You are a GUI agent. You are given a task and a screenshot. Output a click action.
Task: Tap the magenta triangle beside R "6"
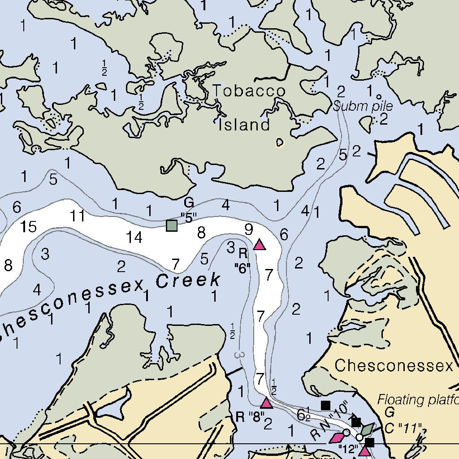coord(260,245)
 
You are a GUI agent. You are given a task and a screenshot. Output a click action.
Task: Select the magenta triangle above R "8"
coord(267,403)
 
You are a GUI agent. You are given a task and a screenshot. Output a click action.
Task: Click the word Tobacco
coord(249,91)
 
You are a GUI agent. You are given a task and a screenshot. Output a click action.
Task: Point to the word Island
coord(244,125)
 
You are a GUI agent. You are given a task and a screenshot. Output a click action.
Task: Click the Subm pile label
coord(363,107)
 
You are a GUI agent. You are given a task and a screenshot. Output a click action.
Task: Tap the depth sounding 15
coord(29,227)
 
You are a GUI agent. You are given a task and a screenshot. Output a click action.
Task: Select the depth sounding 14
coord(134,237)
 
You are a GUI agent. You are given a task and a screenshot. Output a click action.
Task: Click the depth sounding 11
coord(77,217)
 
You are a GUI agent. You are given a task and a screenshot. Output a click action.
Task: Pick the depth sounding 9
coord(249,230)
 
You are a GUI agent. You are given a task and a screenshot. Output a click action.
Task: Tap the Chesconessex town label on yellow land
coord(394,366)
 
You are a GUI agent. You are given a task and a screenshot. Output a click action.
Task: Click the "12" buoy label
coord(348,449)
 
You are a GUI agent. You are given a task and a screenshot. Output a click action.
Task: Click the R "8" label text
coord(250,417)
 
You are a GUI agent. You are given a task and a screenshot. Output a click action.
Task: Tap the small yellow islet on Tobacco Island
coord(280,143)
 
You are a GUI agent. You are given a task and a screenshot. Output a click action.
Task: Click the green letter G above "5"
coord(189,203)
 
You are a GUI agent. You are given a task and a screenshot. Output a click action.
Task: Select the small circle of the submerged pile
coord(379,96)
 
